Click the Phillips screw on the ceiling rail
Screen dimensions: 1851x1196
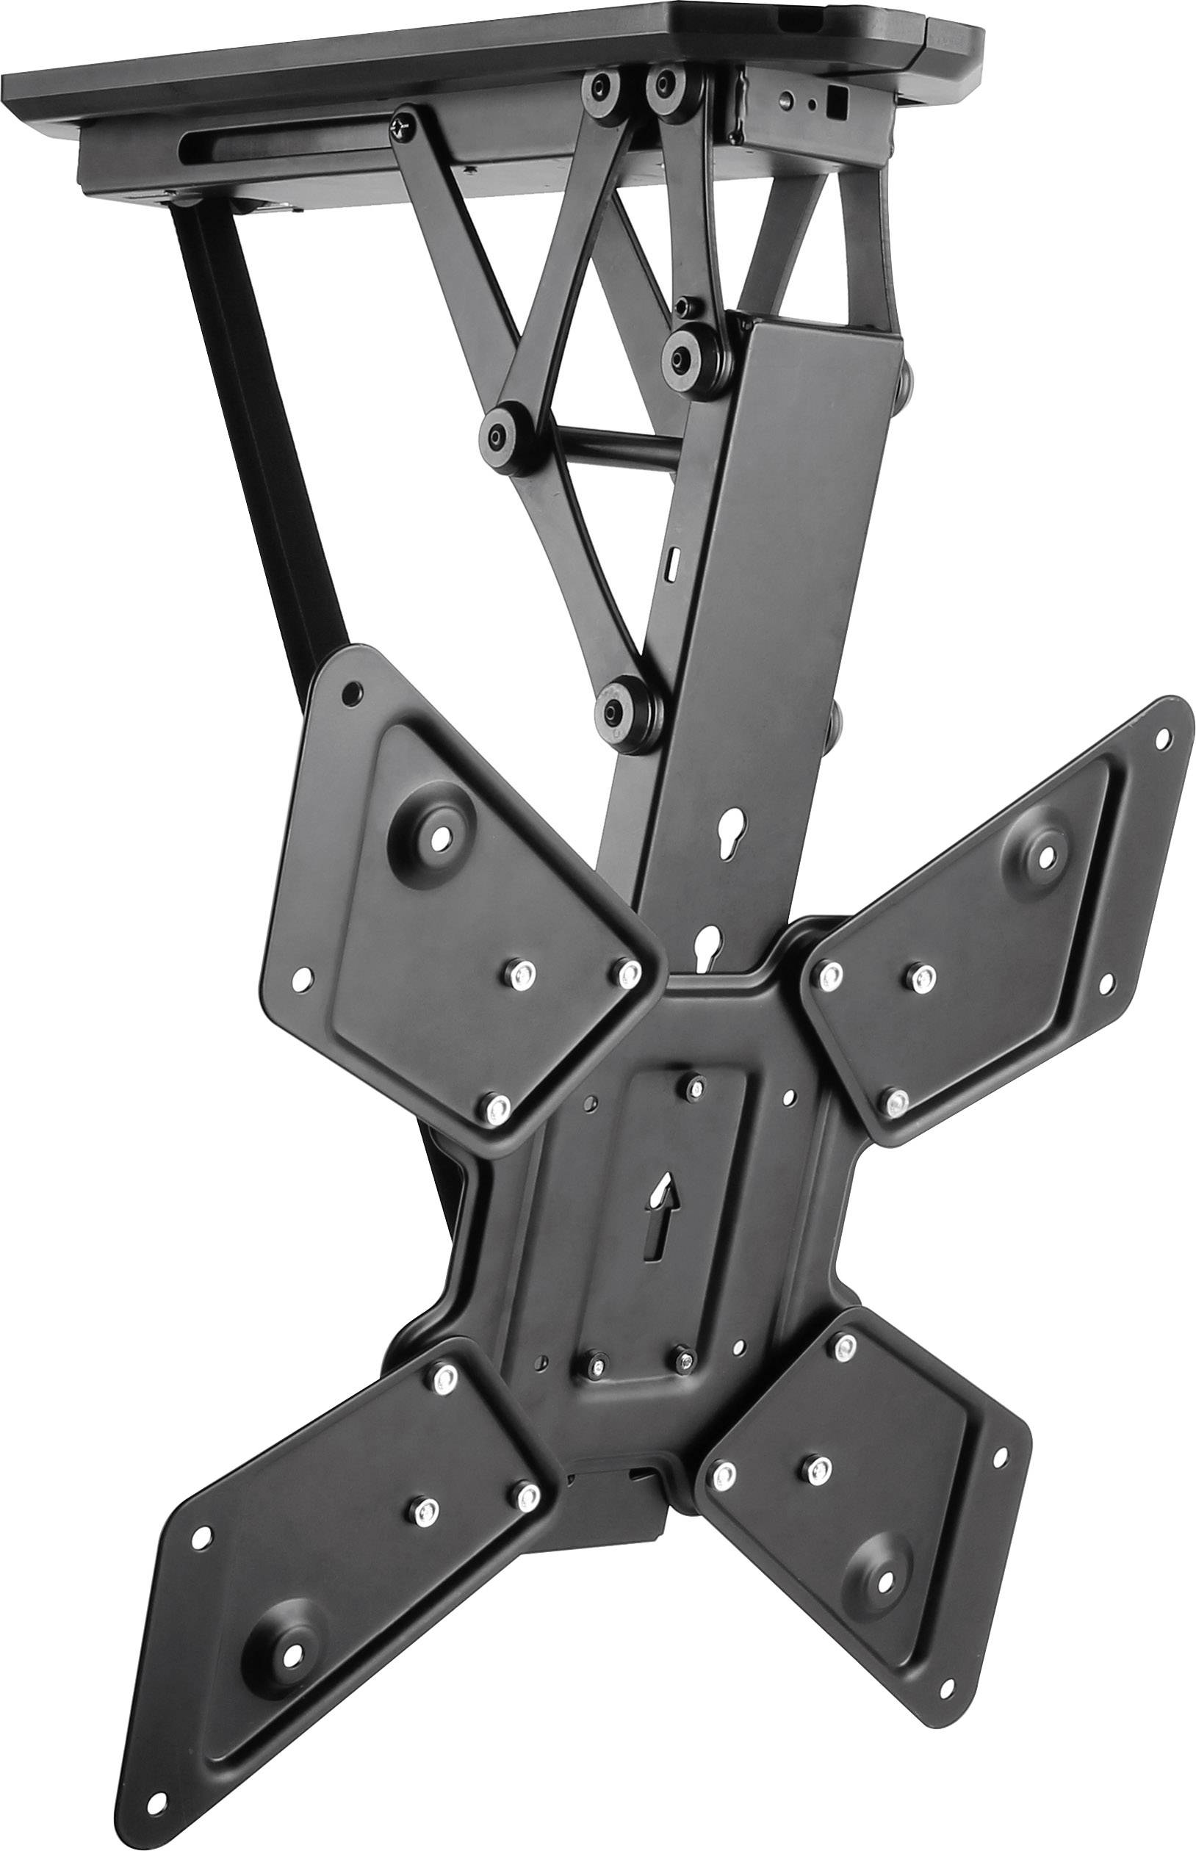coord(403,126)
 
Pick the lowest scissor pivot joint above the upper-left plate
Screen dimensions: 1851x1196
coord(619,692)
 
